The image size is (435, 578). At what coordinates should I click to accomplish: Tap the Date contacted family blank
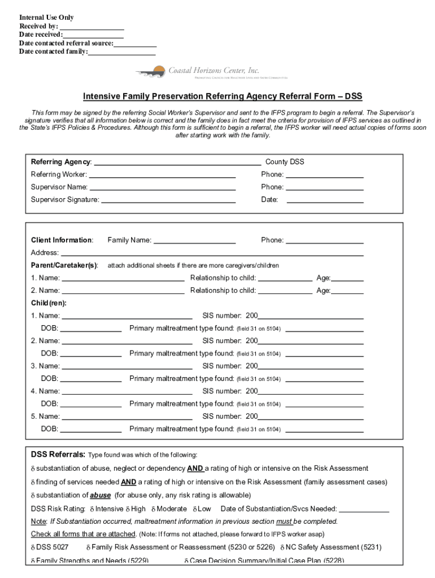(122, 53)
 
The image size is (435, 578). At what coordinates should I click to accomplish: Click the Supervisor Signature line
(168, 201)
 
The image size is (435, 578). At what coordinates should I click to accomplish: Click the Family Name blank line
(194, 242)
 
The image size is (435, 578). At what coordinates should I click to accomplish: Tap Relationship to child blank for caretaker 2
(285, 292)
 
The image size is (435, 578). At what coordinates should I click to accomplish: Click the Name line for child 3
(127, 367)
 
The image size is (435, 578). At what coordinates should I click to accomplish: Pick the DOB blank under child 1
(90, 330)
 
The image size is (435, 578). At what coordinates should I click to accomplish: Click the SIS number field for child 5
(310, 418)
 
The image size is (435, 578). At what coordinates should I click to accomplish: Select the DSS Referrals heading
(58, 455)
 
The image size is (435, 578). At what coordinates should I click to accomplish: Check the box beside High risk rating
(128, 509)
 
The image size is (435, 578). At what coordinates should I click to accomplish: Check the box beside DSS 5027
(33, 548)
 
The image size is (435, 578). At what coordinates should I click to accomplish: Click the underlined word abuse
(101, 496)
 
